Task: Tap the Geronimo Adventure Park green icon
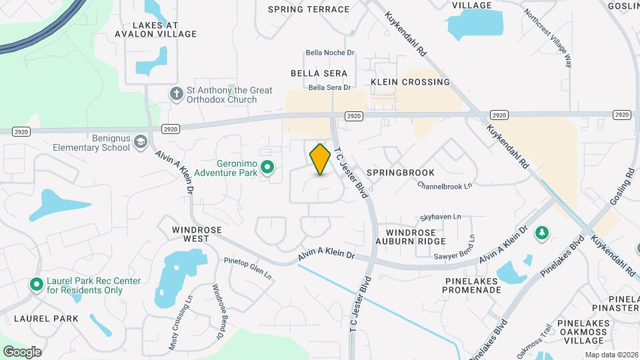(267, 167)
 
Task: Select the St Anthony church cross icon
(176, 94)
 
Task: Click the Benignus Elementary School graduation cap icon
(140, 142)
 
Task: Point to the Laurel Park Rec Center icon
(36, 285)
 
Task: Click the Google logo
(22, 351)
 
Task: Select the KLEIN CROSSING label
(411, 82)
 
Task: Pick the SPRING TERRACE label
(309, 9)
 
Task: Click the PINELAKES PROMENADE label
(473, 285)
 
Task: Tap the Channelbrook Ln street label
(445, 185)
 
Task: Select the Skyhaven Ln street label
(441, 217)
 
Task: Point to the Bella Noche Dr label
(329, 53)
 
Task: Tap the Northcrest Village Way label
(548, 37)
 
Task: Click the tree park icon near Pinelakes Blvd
(543, 231)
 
